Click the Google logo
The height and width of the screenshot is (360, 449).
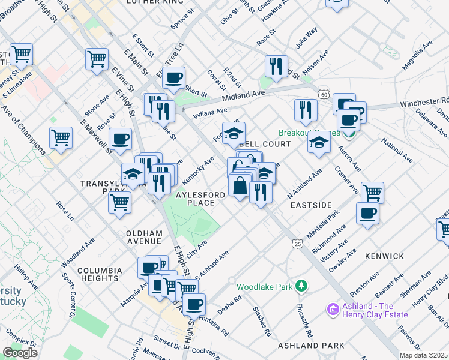coord(20,353)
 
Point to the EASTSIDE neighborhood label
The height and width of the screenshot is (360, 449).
coord(311,205)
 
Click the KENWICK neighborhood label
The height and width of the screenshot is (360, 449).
coord(384,256)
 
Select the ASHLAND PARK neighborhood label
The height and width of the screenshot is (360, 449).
coord(311,346)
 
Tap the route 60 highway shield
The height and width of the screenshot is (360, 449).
coord(324,94)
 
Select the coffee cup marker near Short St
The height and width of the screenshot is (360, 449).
coord(173,77)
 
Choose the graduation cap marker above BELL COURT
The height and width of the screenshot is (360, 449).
coord(234,133)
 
